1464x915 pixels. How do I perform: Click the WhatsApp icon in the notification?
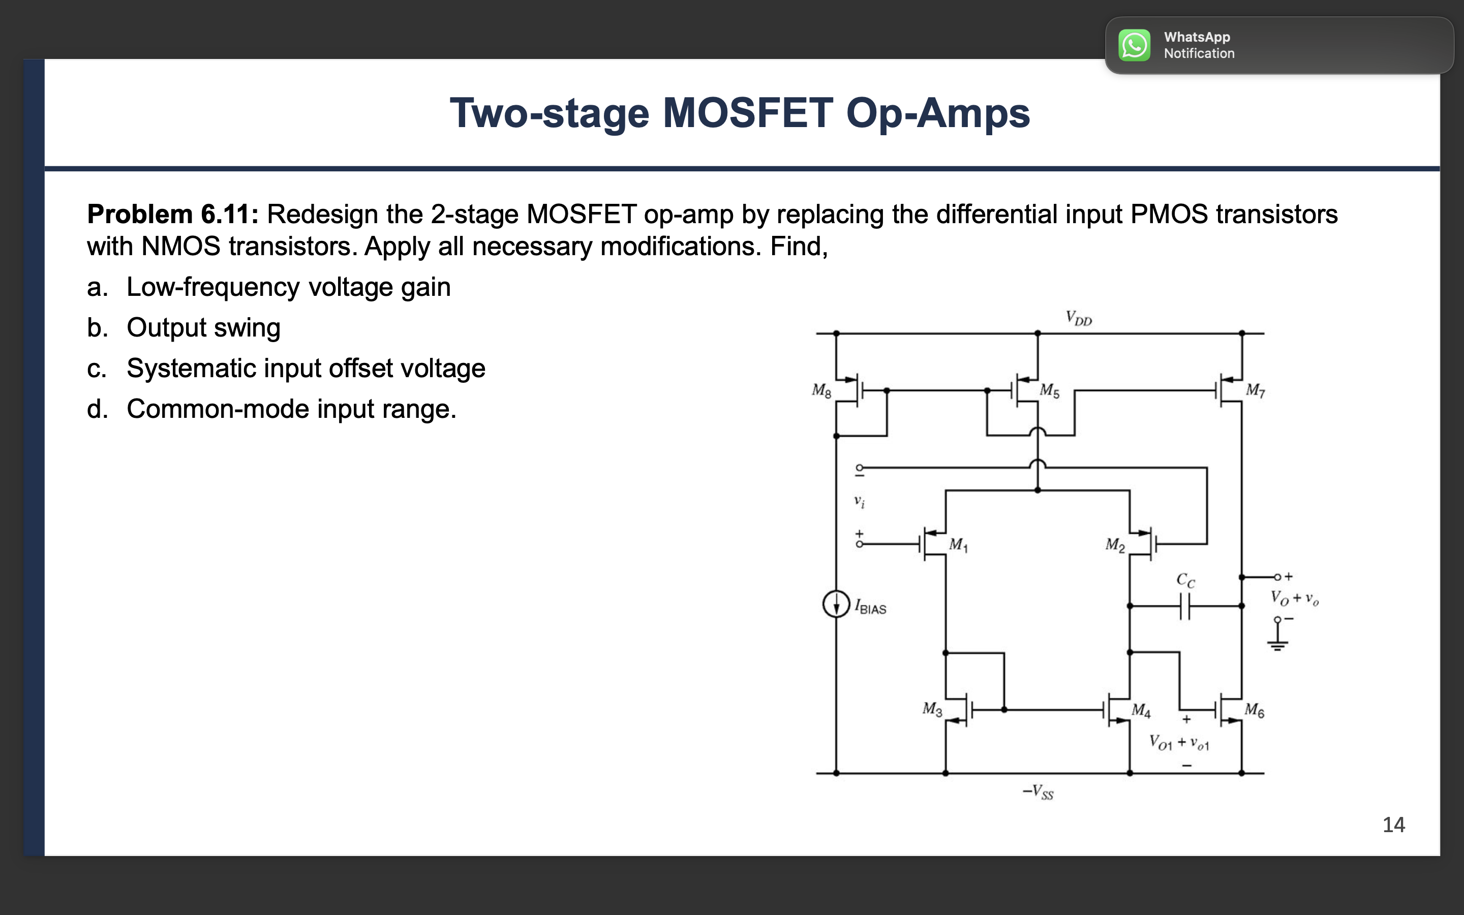(1134, 45)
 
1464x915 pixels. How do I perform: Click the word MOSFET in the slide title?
(748, 113)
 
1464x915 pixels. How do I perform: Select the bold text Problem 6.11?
(172, 214)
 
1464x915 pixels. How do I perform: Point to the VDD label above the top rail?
(1079, 318)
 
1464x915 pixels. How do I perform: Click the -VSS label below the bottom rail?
(1038, 791)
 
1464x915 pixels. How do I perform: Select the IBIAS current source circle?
(836, 604)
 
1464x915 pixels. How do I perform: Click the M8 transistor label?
(821, 391)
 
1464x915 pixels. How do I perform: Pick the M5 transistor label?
(1050, 391)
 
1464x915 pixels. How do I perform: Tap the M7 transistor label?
(1255, 390)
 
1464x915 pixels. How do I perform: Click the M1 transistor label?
(958, 544)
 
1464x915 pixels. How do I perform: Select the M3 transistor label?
(932, 709)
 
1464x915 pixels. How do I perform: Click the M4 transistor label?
(1141, 710)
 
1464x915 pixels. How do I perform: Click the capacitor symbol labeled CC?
(1185, 606)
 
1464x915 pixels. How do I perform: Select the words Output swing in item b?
(203, 328)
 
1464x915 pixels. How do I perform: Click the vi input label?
(859, 501)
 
